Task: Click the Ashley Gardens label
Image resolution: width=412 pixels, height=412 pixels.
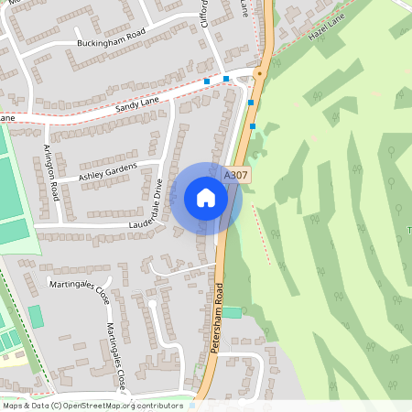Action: (107, 171)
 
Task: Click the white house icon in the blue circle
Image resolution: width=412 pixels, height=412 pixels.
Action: (206, 197)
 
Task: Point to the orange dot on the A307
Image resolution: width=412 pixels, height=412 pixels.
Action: (260, 72)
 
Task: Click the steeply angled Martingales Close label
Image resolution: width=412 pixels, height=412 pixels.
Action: (115, 350)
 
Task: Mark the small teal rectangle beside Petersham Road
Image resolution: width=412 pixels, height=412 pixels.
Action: (233, 312)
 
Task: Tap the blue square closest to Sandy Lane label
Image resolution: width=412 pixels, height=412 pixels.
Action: (208, 81)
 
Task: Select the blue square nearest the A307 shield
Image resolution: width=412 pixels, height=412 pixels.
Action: (253, 126)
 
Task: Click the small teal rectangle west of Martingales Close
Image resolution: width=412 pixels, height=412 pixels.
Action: (36, 317)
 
